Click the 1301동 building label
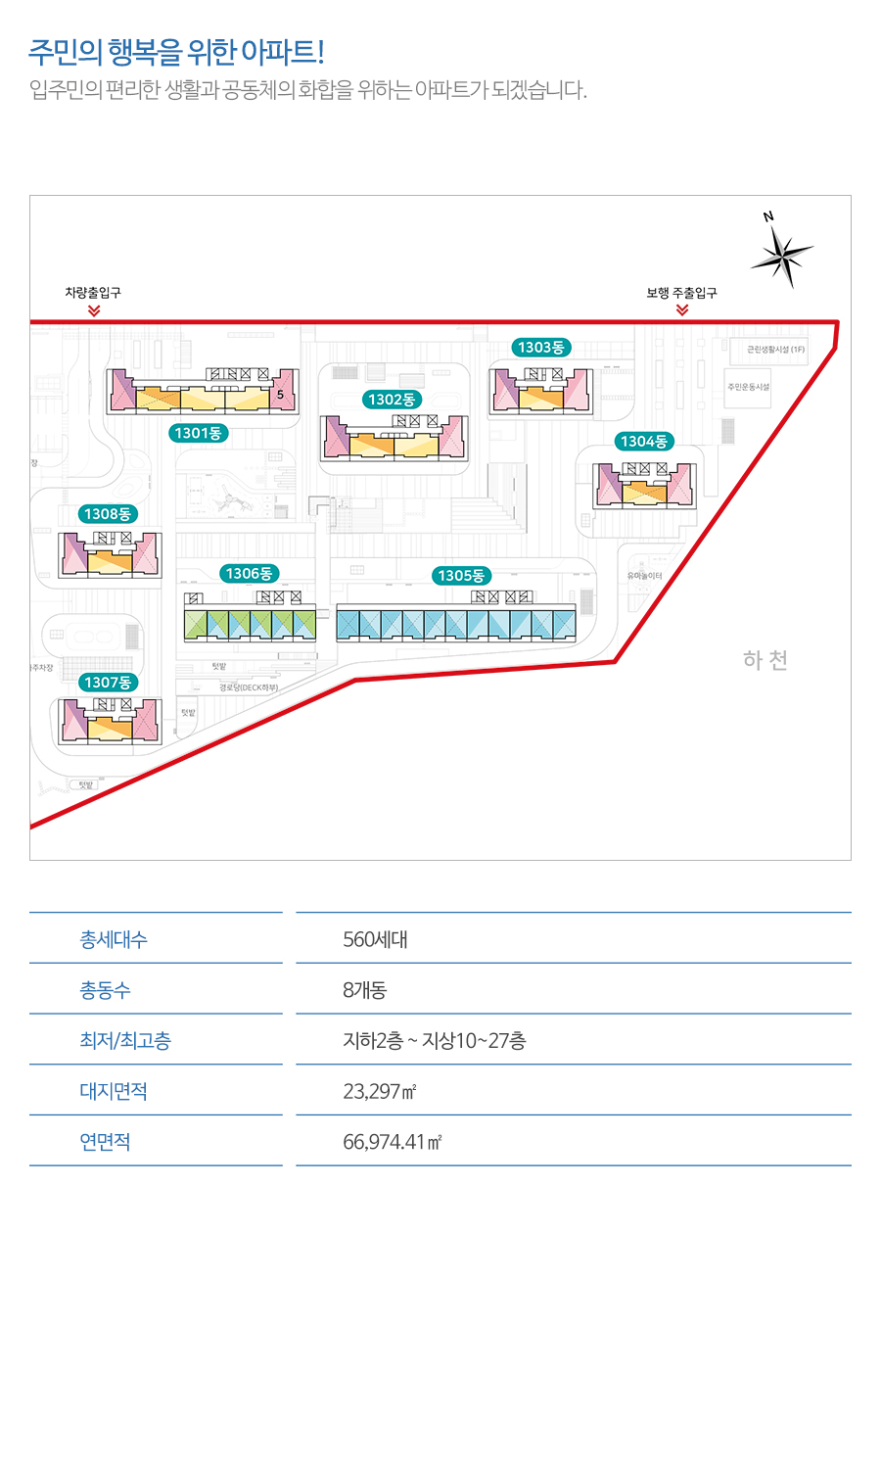click(x=198, y=433)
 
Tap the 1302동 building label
click(x=392, y=400)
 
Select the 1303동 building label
click(x=541, y=348)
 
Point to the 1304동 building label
click(x=644, y=442)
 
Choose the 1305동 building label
click(x=461, y=576)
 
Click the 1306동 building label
click(x=249, y=574)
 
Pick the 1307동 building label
click(x=108, y=683)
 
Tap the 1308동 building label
click(x=108, y=514)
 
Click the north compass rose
click(x=782, y=256)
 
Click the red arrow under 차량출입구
click(x=94, y=311)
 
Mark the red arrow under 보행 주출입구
click(x=682, y=310)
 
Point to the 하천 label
click(x=765, y=660)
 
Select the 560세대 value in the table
click(x=375, y=940)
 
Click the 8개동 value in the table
click(x=364, y=990)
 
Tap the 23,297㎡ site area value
click(x=380, y=1091)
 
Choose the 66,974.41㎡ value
click(x=392, y=1142)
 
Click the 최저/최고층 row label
click(x=125, y=1041)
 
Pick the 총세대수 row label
click(x=114, y=940)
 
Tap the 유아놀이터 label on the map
click(x=645, y=576)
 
